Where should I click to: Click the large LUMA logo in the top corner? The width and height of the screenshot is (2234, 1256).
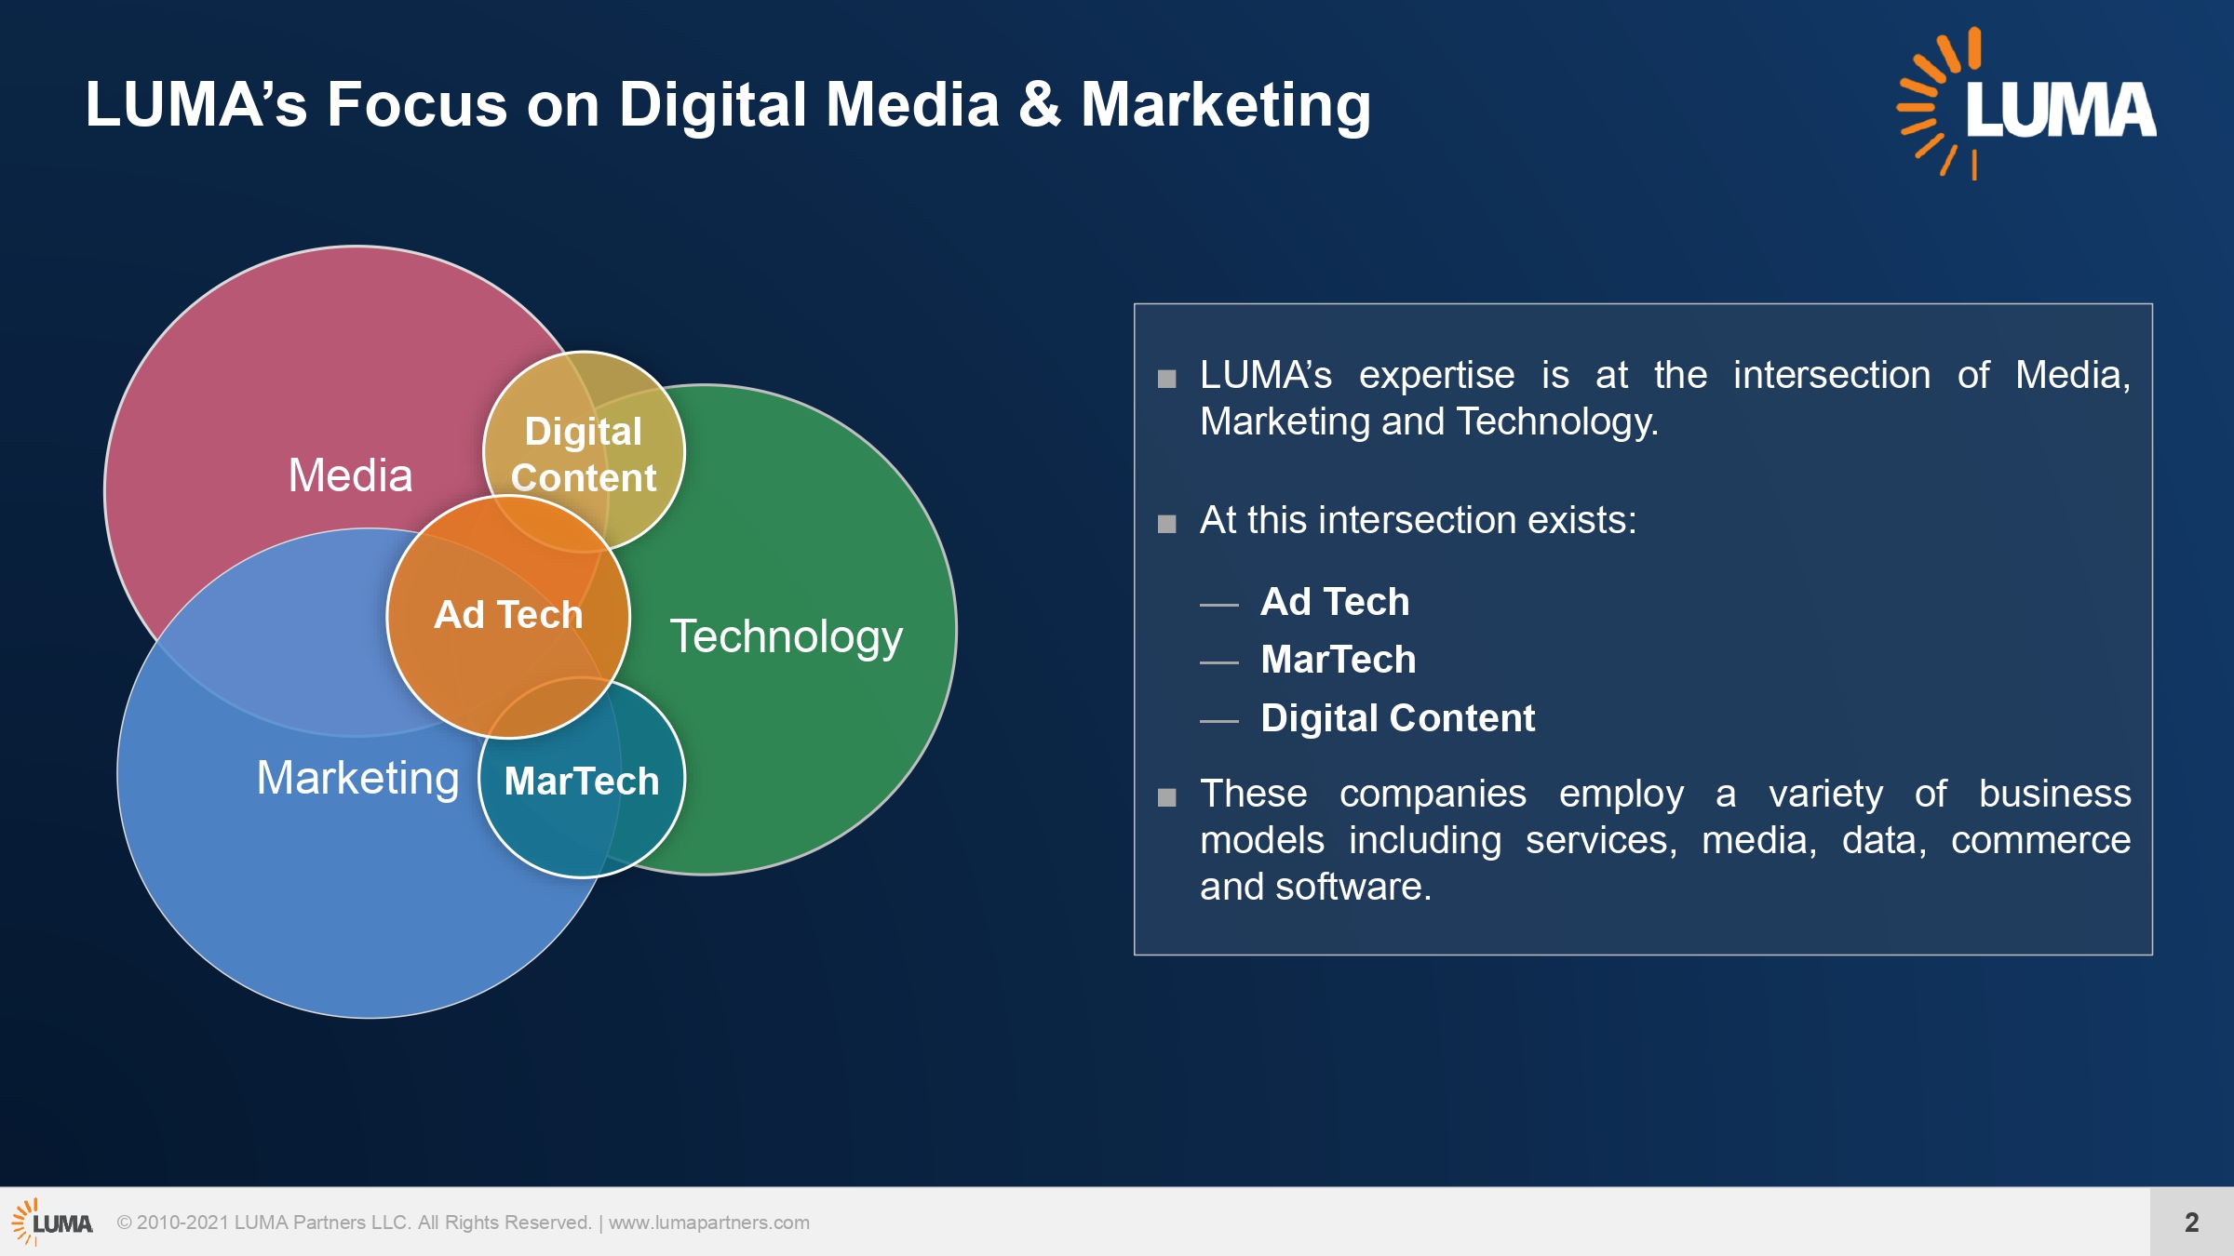point(2026,103)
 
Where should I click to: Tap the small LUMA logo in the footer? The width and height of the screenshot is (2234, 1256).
point(52,1222)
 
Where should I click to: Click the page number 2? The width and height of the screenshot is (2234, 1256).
point(2192,1222)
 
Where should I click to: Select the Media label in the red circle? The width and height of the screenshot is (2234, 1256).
point(350,475)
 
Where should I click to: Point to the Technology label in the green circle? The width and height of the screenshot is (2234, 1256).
point(787,638)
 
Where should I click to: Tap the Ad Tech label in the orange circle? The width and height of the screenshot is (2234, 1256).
point(508,615)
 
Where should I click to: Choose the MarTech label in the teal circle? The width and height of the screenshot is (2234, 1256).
point(582,781)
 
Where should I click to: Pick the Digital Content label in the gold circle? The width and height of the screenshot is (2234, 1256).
point(584,454)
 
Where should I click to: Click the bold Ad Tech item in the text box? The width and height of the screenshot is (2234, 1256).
point(1335,602)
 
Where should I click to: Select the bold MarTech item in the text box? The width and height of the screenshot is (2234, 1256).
point(1339,660)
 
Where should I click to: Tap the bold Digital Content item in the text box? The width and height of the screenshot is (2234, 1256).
point(1398,718)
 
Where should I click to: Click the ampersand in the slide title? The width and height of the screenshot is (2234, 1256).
point(1040,103)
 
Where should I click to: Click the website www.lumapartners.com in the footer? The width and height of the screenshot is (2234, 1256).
point(709,1223)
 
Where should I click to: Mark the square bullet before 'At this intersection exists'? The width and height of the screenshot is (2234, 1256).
point(1167,524)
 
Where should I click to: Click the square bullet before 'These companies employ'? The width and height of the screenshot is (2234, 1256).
point(1167,797)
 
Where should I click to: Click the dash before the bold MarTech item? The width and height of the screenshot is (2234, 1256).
point(1219,662)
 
